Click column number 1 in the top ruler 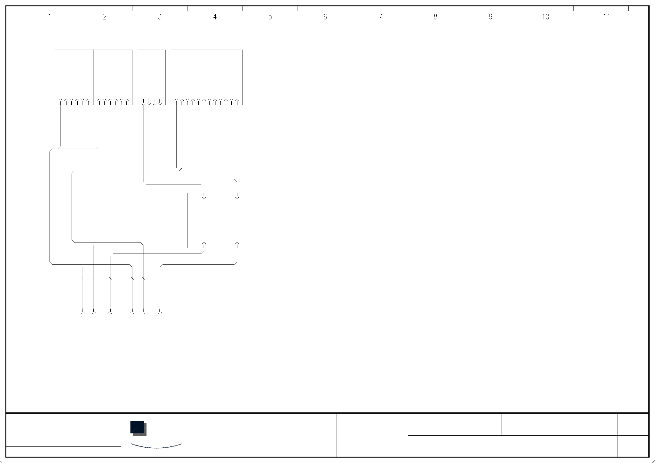coord(50,17)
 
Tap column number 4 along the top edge coord(215,17)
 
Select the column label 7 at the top coord(380,17)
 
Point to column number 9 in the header coord(490,17)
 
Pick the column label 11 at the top coord(607,17)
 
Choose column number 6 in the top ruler coord(325,17)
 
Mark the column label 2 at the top coord(105,17)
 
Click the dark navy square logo coord(137,427)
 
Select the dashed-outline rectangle coord(590,380)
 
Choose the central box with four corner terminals coord(220,220)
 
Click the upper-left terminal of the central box coord(204,197)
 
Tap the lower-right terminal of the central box coord(237,244)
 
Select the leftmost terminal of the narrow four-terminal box coord(143,102)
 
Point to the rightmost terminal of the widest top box coord(237,101)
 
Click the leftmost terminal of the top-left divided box coord(60,101)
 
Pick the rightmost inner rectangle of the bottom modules coord(160,337)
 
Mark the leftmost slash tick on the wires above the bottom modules coord(83,278)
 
